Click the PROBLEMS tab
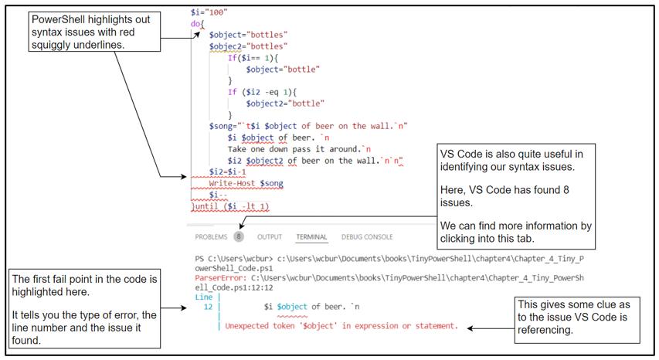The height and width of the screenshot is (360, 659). [x=210, y=236]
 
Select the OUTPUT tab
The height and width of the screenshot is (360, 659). [x=270, y=236]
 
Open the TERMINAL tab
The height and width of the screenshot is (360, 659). [x=311, y=236]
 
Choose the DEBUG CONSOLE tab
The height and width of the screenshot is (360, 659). [x=367, y=236]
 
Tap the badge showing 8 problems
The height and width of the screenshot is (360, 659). [x=239, y=236]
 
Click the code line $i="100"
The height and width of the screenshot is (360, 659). [x=209, y=13]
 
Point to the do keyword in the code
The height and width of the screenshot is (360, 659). [x=195, y=24]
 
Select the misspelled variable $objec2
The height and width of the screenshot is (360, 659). [x=228, y=46]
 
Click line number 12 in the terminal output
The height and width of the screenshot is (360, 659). [x=207, y=307]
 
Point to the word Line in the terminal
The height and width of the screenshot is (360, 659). [x=203, y=297]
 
